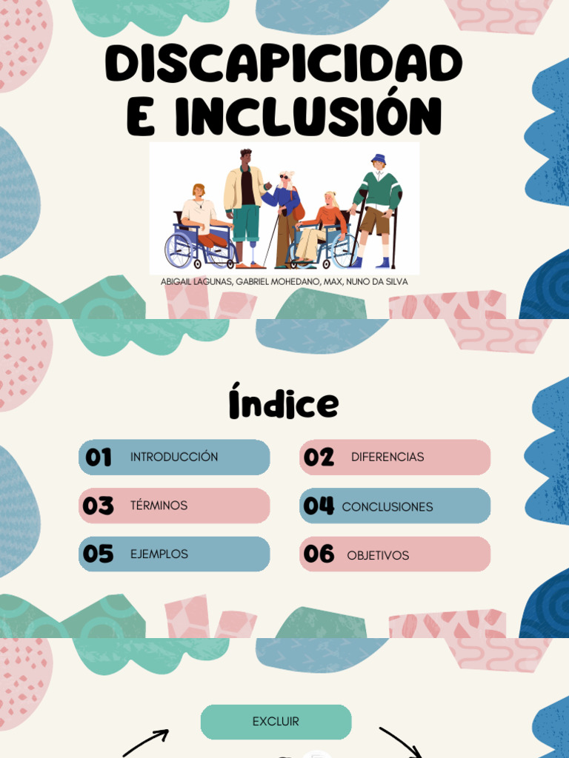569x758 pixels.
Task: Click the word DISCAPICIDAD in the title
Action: pos(284,64)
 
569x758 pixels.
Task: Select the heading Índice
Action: pos(284,404)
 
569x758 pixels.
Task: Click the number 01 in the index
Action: pos(99,457)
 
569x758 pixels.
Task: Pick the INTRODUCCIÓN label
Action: pos(174,457)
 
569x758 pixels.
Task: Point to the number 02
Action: pos(319,457)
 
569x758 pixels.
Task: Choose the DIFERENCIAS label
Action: pos(387,457)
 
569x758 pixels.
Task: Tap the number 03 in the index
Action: pos(98,506)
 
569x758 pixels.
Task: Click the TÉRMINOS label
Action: pos(159,506)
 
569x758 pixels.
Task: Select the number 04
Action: pos(319,506)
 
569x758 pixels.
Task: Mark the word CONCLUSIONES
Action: pos(387,507)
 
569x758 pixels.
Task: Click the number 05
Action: pos(98,554)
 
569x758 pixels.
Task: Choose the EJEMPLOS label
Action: pos(159,554)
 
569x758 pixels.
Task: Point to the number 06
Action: pos(319,554)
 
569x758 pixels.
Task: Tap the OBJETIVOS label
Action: pos(378,555)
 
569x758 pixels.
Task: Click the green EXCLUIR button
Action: pos(276,722)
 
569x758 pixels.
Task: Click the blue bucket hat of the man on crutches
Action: pos(379,158)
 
